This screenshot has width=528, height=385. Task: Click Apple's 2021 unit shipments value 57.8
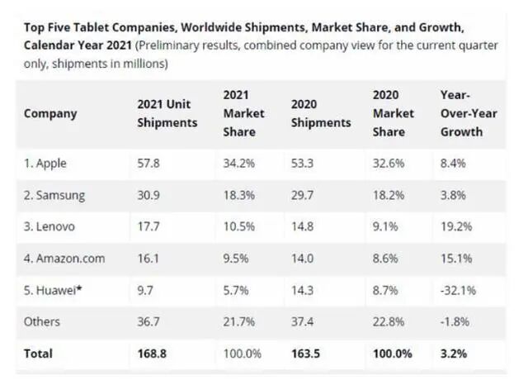[x=148, y=164]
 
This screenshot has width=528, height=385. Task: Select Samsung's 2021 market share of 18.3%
[x=239, y=195]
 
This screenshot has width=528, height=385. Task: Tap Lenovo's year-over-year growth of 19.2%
[x=456, y=226]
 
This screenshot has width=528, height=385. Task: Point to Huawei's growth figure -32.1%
[x=459, y=290]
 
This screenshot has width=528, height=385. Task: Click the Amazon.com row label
[x=64, y=259]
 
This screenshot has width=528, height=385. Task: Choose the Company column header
[x=50, y=114]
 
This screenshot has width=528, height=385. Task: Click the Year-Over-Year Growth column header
[x=469, y=113]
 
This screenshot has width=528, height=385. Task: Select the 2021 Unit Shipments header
[x=167, y=113]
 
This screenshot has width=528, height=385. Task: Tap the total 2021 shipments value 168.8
[x=152, y=354]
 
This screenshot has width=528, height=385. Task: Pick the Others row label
[x=42, y=321]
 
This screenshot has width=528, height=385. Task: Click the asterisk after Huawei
[x=79, y=288]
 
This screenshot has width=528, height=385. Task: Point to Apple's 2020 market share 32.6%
[x=389, y=164]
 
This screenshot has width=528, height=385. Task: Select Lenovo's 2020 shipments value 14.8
[x=303, y=226]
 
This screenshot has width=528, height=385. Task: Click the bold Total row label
[x=38, y=354]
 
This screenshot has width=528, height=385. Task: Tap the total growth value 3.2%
[x=454, y=354]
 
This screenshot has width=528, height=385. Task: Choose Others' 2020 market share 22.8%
[x=389, y=321]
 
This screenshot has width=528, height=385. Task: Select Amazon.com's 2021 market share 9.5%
[x=236, y=259]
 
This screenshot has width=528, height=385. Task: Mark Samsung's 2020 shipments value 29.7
[x=303, y=195]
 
